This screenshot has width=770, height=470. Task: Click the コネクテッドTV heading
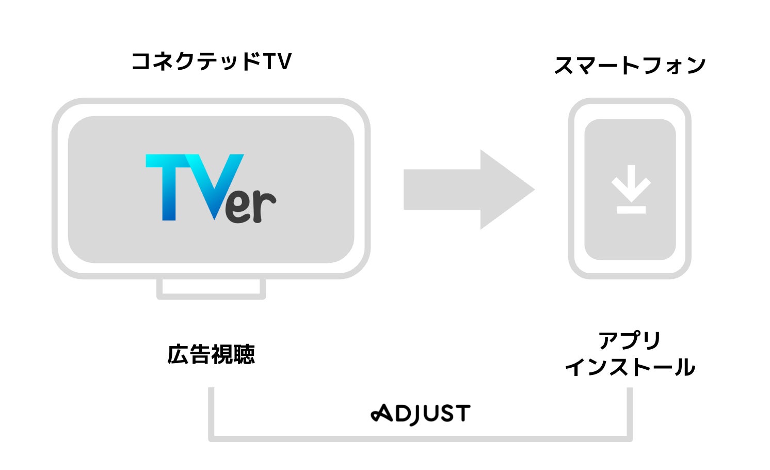[x=211, y=61]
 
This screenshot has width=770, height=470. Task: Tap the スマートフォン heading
[x=629, y=66]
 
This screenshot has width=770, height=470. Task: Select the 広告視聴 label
[x=211, y=354]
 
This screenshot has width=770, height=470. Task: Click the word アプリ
[x=630, y=341]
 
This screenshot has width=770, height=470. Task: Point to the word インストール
[x=630, y=368]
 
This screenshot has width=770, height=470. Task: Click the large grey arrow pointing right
[x=467, y=190]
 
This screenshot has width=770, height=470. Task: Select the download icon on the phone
[x=631, y=189]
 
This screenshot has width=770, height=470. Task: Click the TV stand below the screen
[x=211, y=289]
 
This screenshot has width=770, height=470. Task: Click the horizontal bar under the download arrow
[x=631, y=209]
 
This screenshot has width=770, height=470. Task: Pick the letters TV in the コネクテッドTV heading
[x=277, y=61]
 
